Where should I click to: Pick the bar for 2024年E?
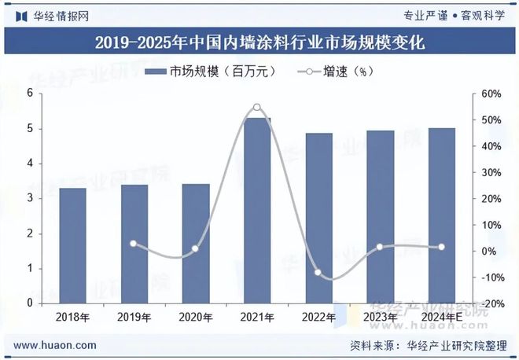(441, 215)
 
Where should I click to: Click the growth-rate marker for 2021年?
(257, 108)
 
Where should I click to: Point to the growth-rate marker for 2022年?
(318, 273)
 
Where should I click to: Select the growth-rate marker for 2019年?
(134, 244)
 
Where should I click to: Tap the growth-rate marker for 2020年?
(195, 249)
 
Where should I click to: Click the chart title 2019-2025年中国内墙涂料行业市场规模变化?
(259, 42)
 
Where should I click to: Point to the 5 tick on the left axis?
(30, 129)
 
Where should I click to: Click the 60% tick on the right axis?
(491, 94)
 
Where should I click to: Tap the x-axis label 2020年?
(195, 318)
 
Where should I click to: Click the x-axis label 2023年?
(380, 318)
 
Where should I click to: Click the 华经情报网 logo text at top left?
(52, 14)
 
